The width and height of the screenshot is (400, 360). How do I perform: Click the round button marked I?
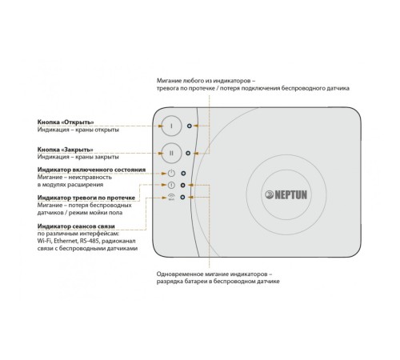coord(171,126)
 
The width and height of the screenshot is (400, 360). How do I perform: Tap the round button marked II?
coord(171,153)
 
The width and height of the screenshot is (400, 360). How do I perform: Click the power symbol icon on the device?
coord(171,173)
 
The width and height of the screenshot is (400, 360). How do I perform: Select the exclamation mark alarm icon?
coord(171,185)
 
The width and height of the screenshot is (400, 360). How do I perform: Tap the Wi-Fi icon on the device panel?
coord(171,197)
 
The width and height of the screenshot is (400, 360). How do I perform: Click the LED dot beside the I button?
coord(189,126)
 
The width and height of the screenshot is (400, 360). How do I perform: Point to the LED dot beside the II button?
coord(188,154)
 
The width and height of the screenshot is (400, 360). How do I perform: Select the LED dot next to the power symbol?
coord(183,174)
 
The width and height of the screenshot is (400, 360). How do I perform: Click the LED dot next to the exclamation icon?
coord(182,185)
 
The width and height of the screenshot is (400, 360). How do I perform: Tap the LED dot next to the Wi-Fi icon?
coord(182,197)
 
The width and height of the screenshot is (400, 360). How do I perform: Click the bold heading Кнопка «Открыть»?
coord(66,122)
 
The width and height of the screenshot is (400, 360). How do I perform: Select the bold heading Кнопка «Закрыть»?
coord(66,150)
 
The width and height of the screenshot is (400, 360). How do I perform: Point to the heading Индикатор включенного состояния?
coord(91,170)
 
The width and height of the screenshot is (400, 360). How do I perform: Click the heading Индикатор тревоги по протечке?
coord(86,198)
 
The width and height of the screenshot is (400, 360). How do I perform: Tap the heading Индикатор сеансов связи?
coord(76,226)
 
